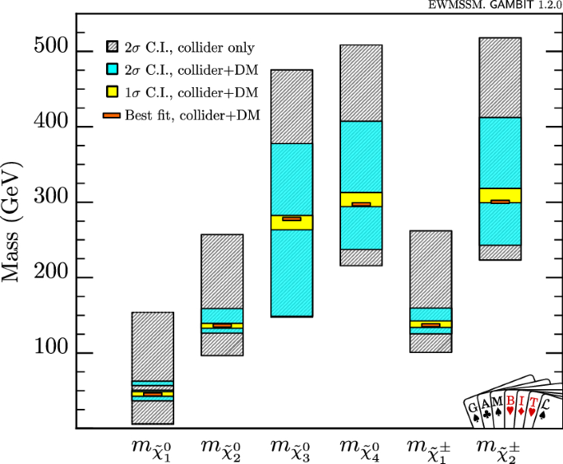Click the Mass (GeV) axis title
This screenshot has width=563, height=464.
[x=14, y=222]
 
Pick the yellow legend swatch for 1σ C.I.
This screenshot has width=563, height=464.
[x=112, y=92]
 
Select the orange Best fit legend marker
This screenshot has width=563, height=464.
[x=112, y=116]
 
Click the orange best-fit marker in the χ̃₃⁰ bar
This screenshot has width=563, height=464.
[x=292, y=219]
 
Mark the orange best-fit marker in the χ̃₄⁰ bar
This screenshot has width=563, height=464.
[x=361, y=204]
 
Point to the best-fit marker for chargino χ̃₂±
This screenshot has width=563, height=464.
[x=500, y=202]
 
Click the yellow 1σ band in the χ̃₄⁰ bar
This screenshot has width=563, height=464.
[x=361, y=197]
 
